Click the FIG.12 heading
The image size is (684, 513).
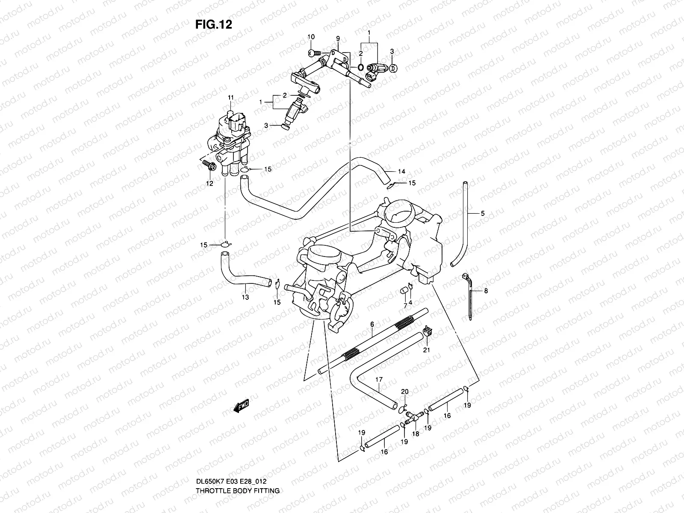point(214,24)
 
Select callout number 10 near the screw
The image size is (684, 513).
point(311,37)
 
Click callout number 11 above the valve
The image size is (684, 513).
point(231,98)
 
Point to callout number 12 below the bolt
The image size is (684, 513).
point(210,184)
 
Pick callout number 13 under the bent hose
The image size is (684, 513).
point(245,297)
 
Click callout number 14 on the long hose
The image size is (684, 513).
point(401,171)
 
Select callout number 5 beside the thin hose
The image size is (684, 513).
point(483,213)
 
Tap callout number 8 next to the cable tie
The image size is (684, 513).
point(486,291)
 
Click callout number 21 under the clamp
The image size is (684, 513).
point(426,350)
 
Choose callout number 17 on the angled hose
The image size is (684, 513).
point(379,379)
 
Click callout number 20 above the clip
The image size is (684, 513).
point(405,392)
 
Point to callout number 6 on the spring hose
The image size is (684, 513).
point(372,325)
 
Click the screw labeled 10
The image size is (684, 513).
point(314,53)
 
